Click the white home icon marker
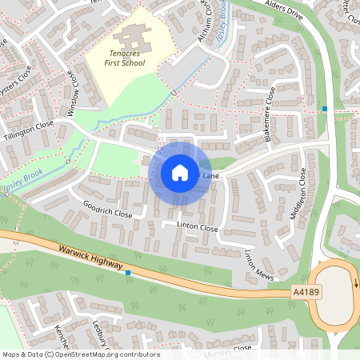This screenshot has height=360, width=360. click(x=180, y=173)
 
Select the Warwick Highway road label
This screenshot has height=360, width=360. click(x=90, y=257)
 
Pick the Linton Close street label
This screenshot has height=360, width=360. click(x=197, y=228)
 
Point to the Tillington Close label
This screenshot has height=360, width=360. click(x=28, y=128)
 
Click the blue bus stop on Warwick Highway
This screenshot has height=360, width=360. click(x=128, y=273)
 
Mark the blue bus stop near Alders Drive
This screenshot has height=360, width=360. click(x=325, y=108)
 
